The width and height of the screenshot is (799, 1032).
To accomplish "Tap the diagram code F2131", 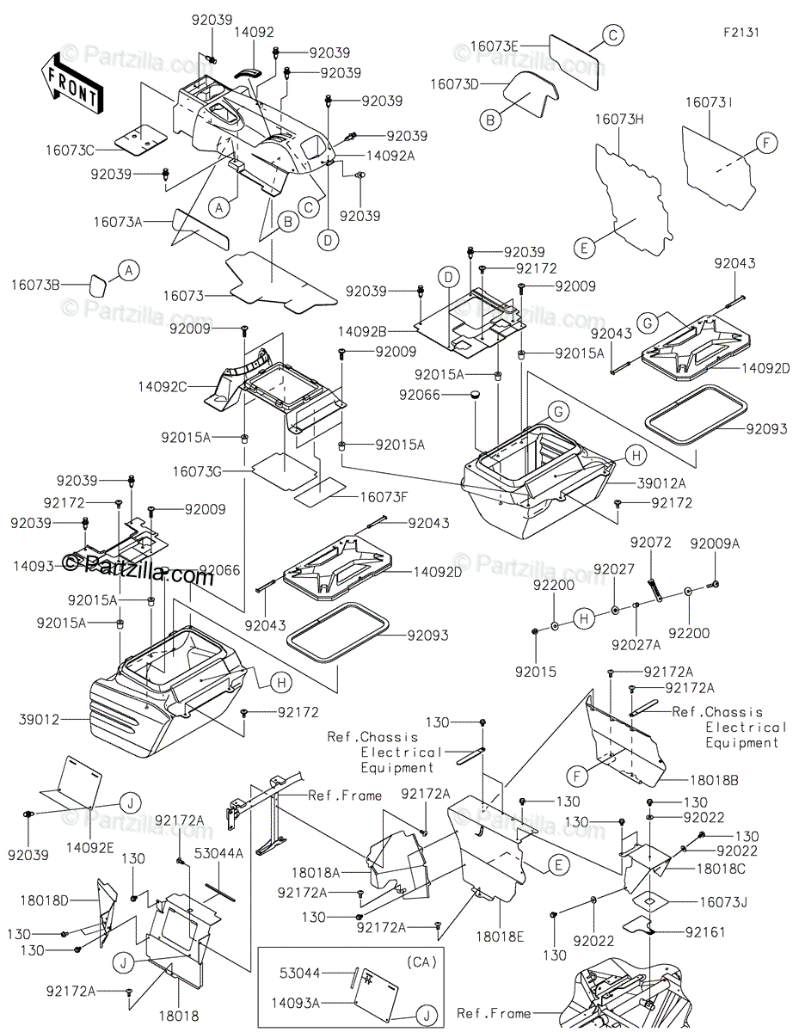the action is coord(741,33).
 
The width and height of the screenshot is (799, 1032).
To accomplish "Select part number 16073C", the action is coord(70,150).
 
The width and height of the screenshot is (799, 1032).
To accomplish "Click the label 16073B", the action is coord(35,285).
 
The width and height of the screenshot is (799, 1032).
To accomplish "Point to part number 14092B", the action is coord(362,331).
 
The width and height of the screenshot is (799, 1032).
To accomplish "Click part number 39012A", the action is coord(661,483).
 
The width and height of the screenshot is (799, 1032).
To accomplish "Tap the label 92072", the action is coord(650,543).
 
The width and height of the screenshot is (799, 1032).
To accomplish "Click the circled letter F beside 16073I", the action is coord(766,143).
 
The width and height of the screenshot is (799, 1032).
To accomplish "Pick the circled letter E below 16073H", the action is coord(585,248).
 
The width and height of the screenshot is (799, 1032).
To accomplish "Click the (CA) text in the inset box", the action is coord(421,962).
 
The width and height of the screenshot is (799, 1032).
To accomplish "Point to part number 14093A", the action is coord(295,1003).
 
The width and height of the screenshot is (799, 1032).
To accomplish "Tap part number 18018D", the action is coord(45,900).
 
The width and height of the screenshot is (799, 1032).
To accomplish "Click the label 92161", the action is coord(705,932).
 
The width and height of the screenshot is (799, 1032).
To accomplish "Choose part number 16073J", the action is coord(723,902).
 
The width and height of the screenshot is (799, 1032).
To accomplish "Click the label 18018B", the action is coord(714,780).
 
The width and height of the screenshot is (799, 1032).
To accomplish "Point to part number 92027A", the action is coord(636,645).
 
